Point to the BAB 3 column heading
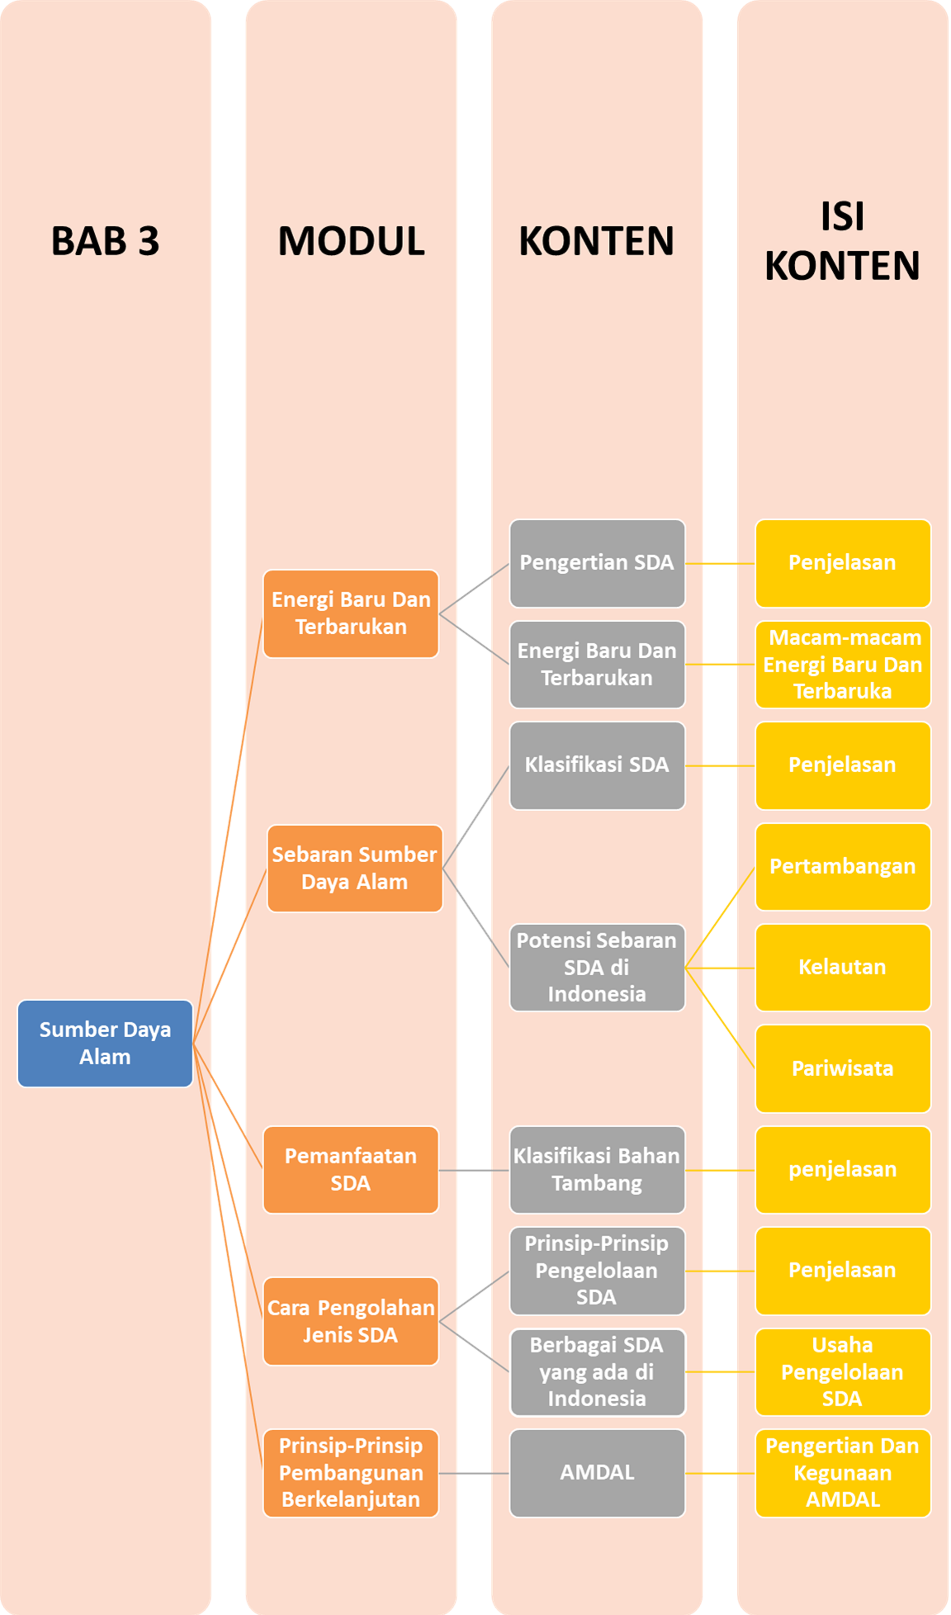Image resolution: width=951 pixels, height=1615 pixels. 105,241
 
